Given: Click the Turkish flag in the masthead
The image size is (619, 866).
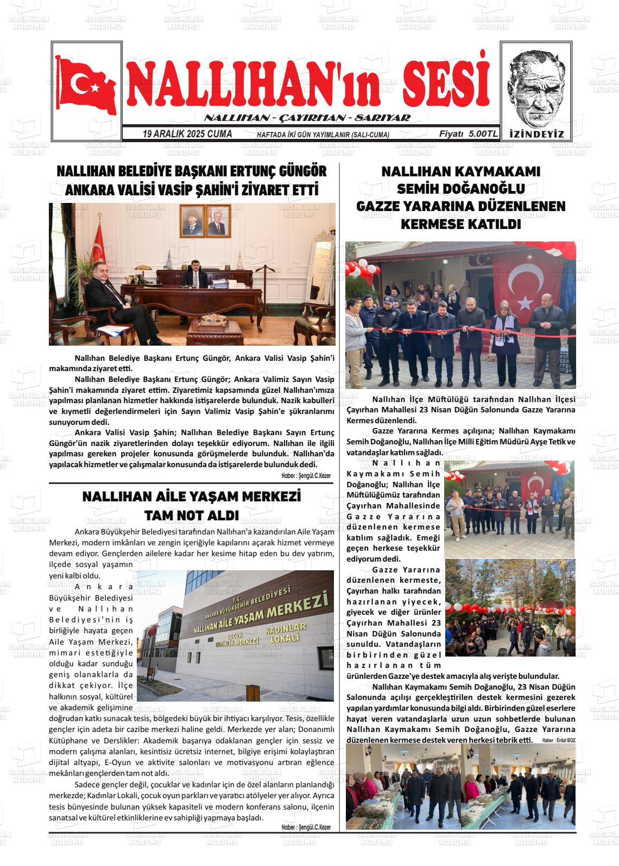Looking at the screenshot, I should point(87,86).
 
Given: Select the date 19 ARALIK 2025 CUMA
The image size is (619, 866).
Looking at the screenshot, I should point(187,134).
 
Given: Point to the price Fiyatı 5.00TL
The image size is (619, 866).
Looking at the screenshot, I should point(468,134).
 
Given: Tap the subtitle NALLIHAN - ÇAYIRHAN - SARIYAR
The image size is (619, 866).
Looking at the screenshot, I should point(307,118).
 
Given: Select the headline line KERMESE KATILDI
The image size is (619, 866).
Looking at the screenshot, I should point(460,224).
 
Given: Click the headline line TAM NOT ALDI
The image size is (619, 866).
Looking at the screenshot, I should point(191,515).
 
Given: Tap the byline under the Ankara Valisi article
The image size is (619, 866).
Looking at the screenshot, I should point(306,475).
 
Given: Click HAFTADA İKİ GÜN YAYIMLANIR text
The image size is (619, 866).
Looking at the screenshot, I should point(323,135).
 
